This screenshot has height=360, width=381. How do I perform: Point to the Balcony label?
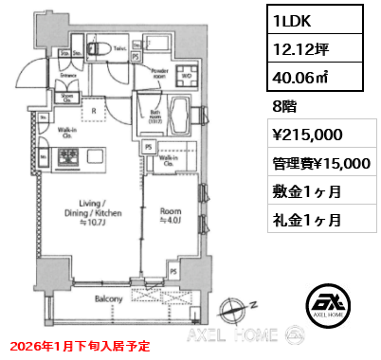(x=107, y=299)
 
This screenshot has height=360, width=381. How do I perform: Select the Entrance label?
(x=43, y=72)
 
